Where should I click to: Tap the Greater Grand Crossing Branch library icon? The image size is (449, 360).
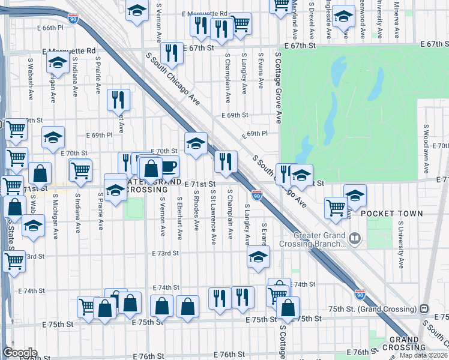[x=355, y=239]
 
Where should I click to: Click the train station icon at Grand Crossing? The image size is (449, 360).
[x=424, y=308]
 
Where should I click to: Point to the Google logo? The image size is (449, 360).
[x=20, y=353]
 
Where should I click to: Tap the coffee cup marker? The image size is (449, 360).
[x=167, y=166]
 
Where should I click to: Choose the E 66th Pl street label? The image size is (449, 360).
[x=57, y=28]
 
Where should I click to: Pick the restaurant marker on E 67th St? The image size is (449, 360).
[x=172, y=53]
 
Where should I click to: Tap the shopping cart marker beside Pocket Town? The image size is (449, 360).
[x=336, y=208]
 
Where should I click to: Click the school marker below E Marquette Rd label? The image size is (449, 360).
[x=58, y=61]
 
